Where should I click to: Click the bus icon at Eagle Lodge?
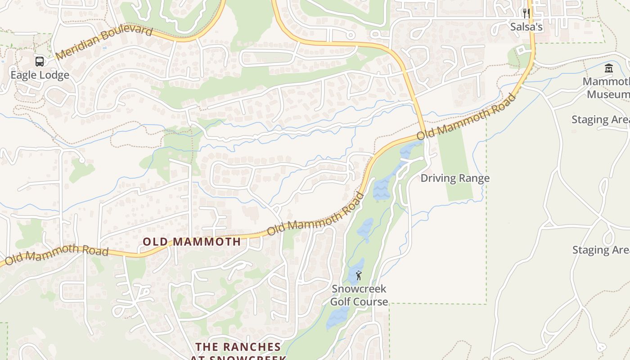40,62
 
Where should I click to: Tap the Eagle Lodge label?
40,75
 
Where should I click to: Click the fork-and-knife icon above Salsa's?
526,13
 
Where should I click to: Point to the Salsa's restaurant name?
526,27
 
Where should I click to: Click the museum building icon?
609,68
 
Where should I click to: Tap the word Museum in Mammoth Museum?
607,94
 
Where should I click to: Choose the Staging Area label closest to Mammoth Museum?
600,120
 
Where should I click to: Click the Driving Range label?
455,178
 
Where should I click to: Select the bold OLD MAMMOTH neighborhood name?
192,242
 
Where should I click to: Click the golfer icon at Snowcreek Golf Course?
359,275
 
